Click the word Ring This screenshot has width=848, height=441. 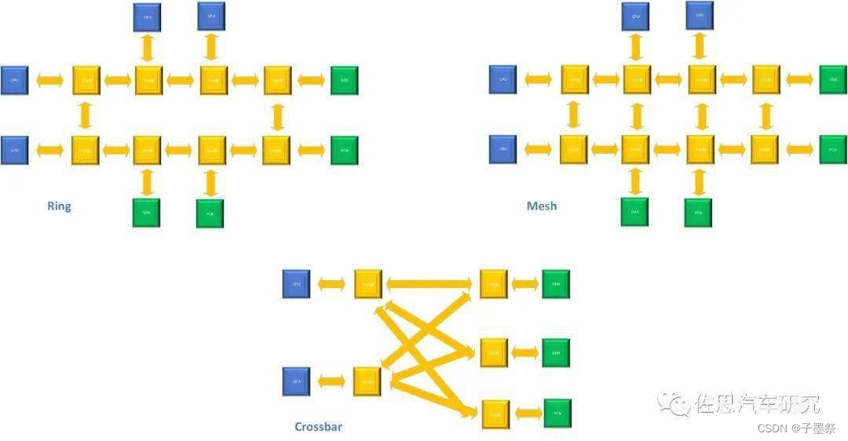point(59,206)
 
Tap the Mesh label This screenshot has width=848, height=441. point(542,206)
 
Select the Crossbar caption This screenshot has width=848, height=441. point(318,427)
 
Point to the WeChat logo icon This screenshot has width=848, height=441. point(674,403)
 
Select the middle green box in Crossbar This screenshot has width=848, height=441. point(556,353)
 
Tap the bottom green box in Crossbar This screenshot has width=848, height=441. point(557,413)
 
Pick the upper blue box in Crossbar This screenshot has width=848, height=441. point(296,284)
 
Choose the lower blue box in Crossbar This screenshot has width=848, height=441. point(296,381)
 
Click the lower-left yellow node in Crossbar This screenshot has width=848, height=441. point(367,381)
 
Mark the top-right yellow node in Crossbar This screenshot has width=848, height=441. point(494,284)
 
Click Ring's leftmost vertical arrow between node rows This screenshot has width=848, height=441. point(86,115)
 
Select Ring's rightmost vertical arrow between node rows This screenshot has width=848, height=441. point(276,115)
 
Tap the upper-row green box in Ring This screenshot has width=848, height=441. point(344,80)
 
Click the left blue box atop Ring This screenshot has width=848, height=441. point(147,16)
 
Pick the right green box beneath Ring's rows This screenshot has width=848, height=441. point(210,213)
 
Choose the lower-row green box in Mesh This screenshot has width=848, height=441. point(832,149)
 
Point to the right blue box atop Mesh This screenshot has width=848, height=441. point(700,15)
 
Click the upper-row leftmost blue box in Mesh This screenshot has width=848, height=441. point(503,80)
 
